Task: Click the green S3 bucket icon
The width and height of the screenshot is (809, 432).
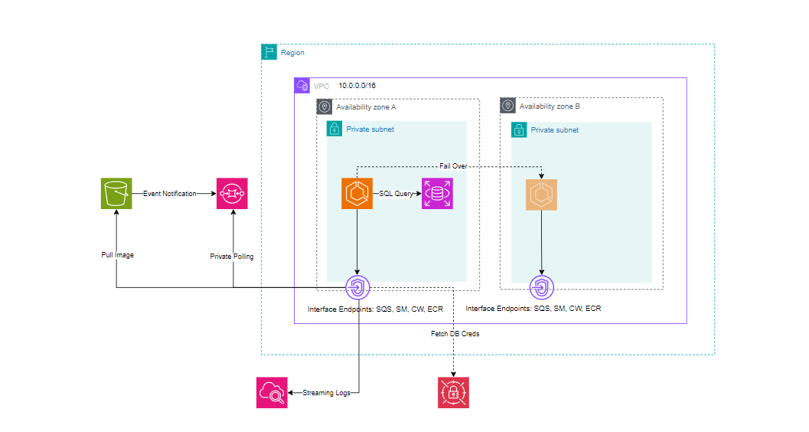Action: click(x=116, y=194)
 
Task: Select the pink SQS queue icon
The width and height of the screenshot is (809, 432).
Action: click(x=232, y=194)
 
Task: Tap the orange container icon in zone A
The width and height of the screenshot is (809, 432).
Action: click(x=357, y=194)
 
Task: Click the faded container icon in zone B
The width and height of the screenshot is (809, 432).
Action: click(x=541, y=195)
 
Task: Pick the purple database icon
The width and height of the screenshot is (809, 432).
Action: click(x=437, y=194)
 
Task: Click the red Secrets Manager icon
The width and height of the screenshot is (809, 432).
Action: click(x=454, y=393)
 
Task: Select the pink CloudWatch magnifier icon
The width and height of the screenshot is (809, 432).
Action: click(x=272, y=393)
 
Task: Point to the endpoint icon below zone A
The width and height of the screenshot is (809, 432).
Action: click(x=357, y=287)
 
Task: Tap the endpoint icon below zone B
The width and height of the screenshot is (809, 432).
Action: click(x=542, y=287)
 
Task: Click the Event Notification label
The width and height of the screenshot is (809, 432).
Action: click(x=170, y=194)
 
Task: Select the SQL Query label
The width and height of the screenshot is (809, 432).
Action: click(x=396, y=194)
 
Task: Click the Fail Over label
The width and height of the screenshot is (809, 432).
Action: click(x=453, y=166)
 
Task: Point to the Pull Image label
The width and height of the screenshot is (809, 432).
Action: click(x=118, y=255)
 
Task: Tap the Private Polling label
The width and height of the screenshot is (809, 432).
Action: click(x=232, y=257)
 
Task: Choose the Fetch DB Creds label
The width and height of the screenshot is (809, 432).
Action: click(x=455, y=334)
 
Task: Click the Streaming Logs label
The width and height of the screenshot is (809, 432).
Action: click(x=326, y=393)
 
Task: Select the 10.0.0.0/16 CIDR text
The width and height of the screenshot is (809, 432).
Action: click(x=357, y=86)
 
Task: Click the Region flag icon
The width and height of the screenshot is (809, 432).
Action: click(x=269, y=52)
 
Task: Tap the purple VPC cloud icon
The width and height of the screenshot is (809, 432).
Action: click(x=302, y=86)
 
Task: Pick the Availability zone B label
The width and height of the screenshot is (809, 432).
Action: click(x=550, y=106)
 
